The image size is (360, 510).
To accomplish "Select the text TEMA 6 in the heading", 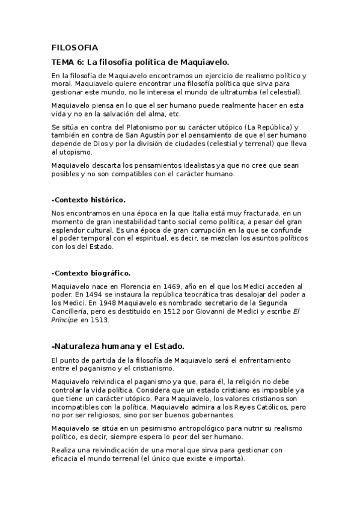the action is tap(68, 62).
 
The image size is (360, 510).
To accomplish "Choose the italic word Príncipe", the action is tap(65, 320).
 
